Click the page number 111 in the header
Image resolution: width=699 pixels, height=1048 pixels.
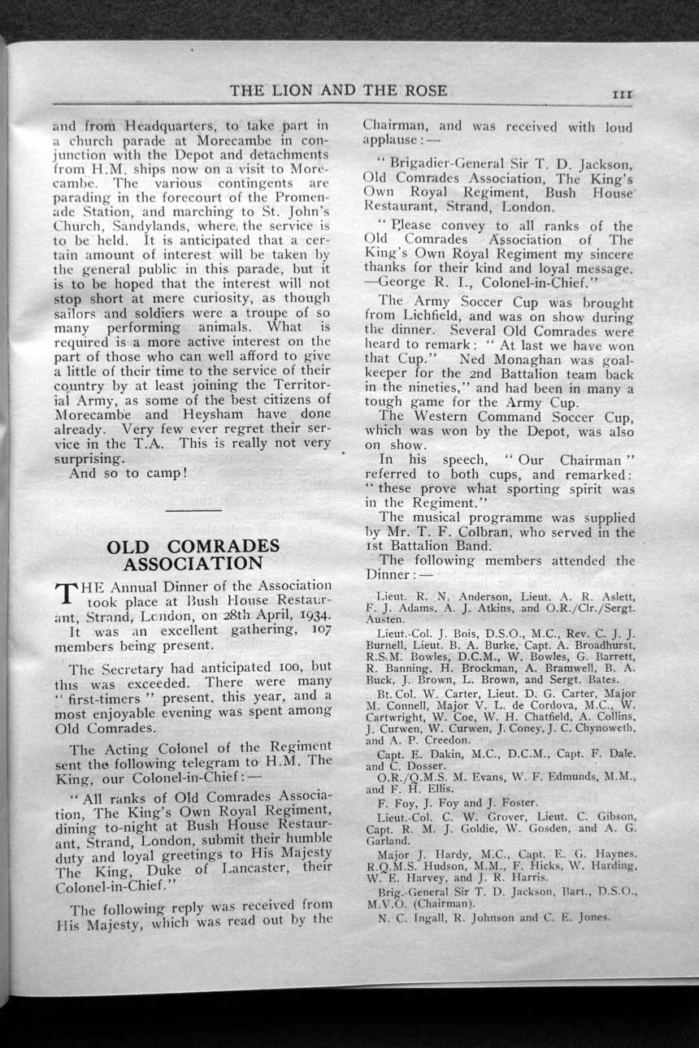[623, 94]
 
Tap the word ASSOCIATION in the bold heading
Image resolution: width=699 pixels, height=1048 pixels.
[193, 563]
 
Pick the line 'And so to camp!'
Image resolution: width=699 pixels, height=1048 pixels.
[128, 472]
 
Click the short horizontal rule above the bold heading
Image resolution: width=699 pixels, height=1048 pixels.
[193, 509]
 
